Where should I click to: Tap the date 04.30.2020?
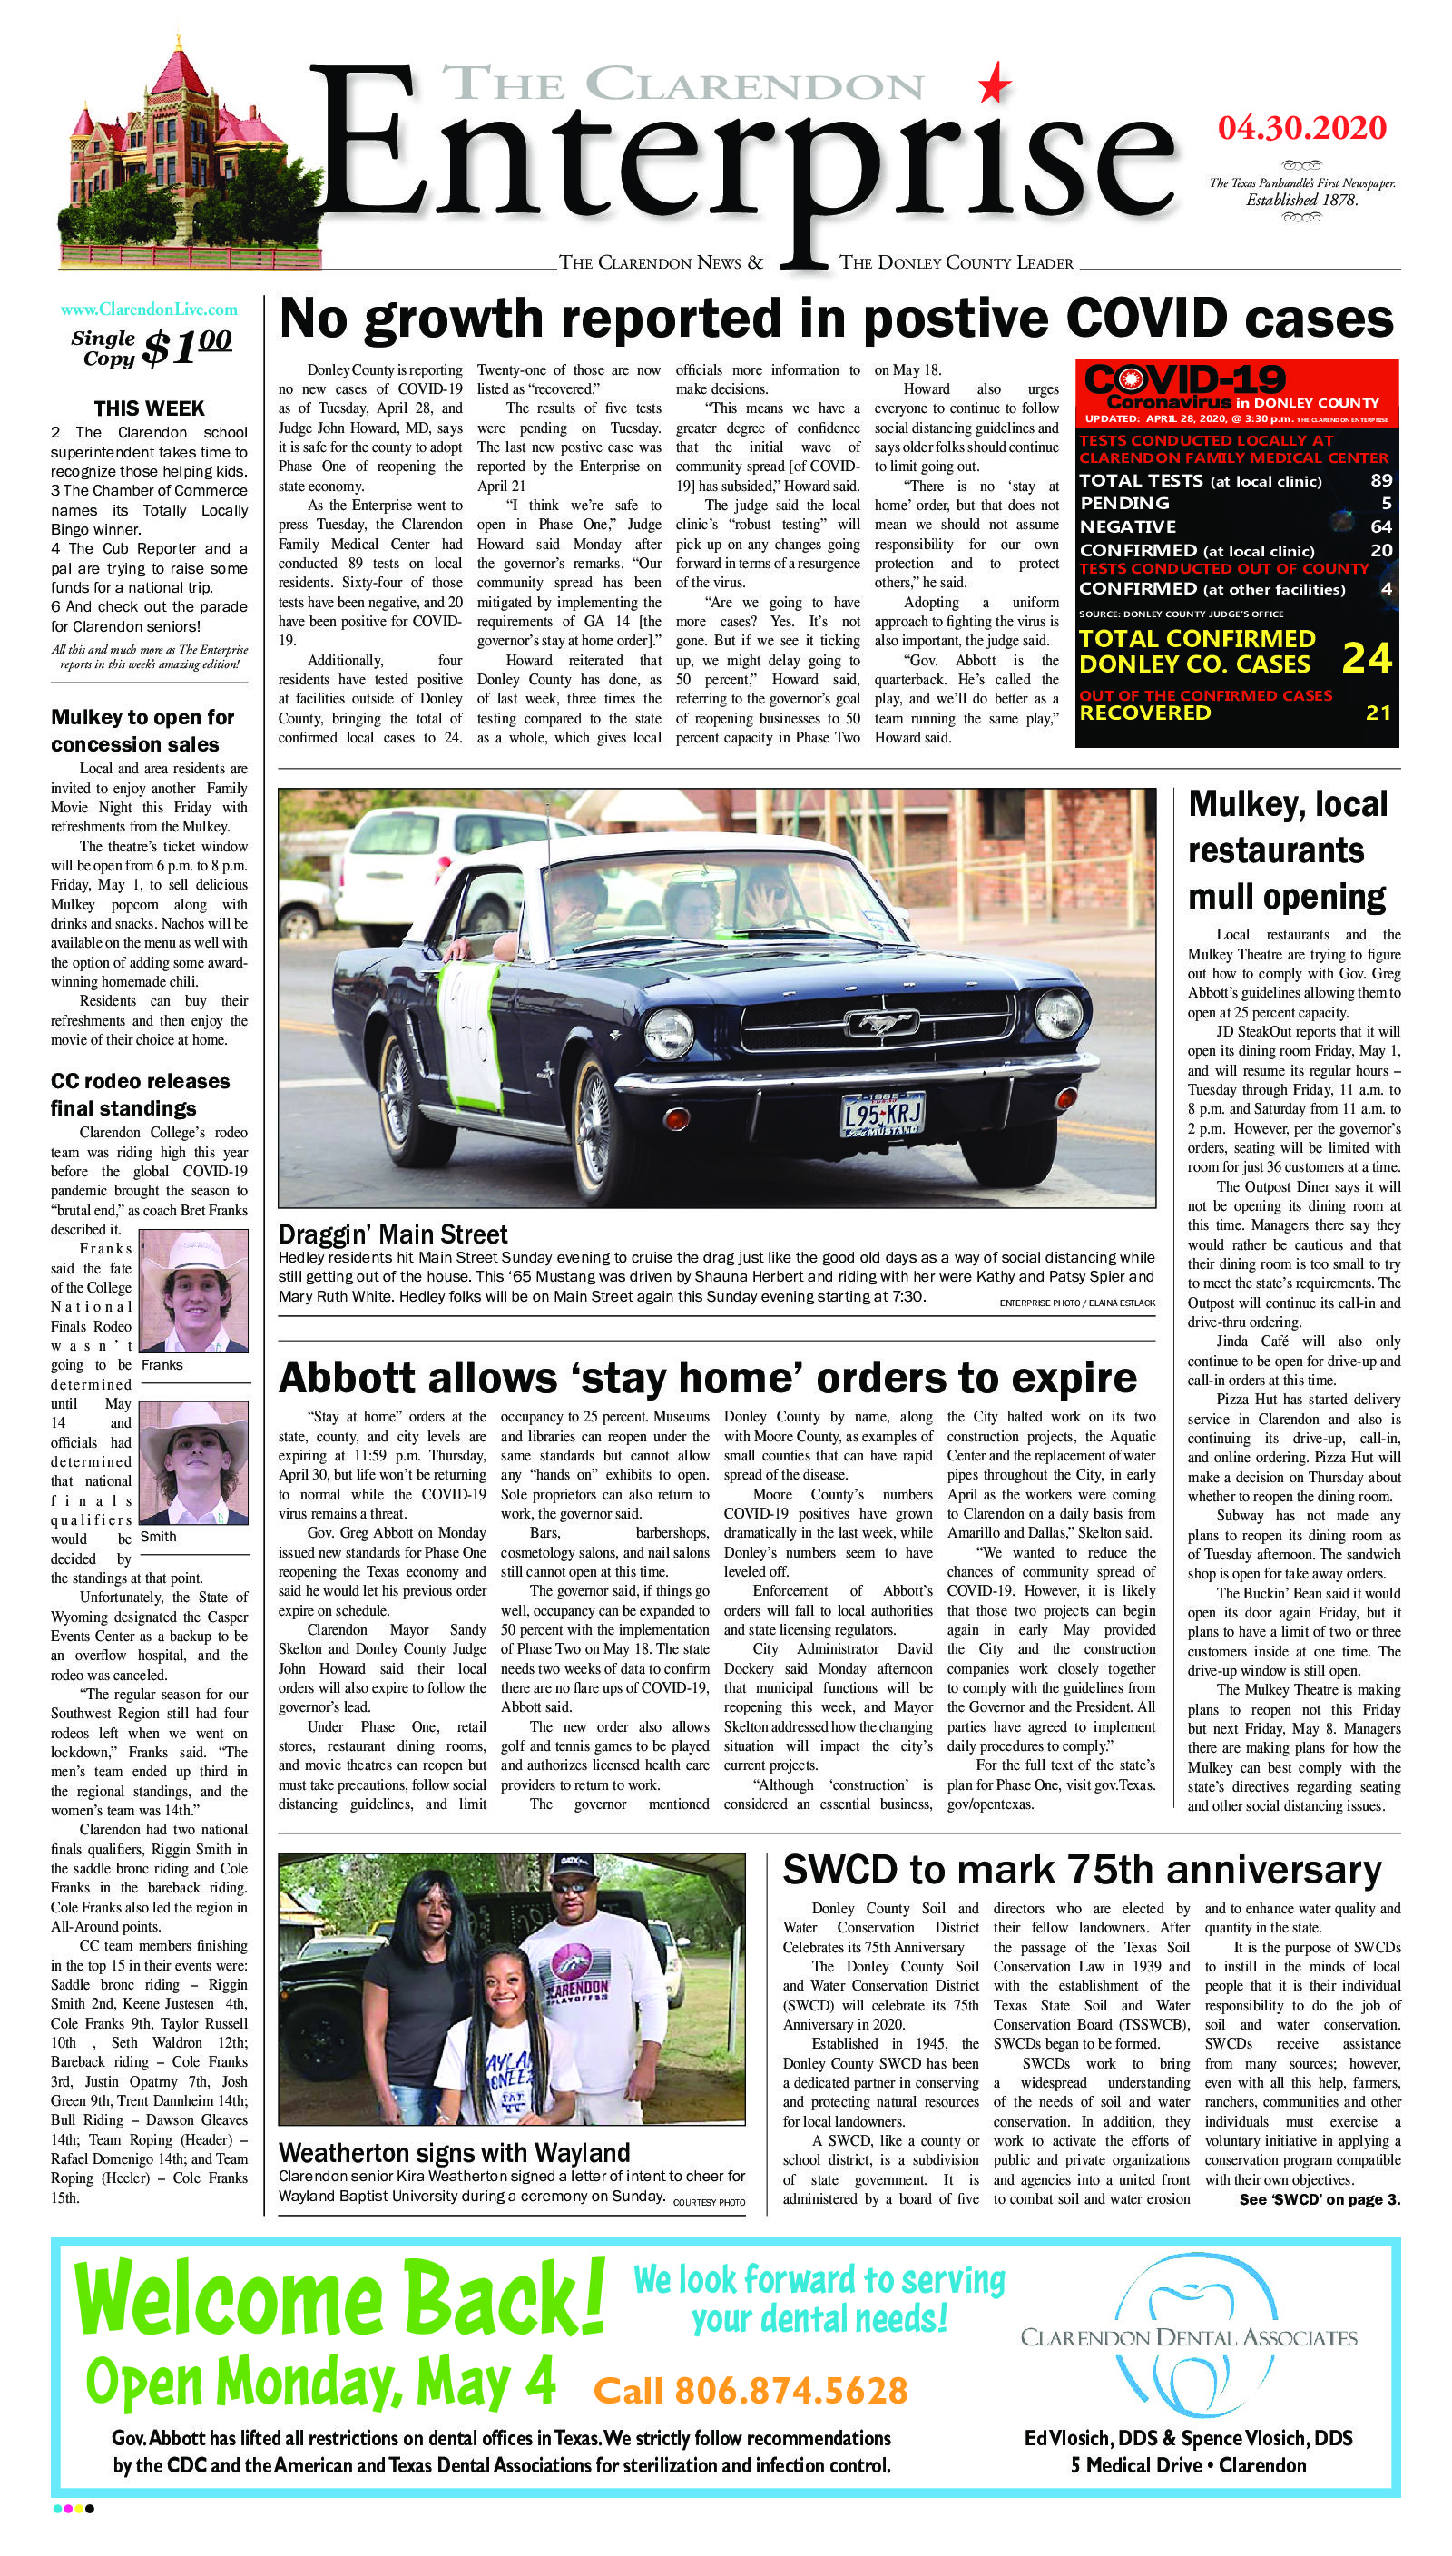coord(1301,128)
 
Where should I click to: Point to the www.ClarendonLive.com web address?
coord(149,310)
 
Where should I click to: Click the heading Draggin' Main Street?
coord(393,1234)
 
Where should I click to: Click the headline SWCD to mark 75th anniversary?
coord(1082,1869)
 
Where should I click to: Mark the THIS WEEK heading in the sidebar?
coord(149,408)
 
